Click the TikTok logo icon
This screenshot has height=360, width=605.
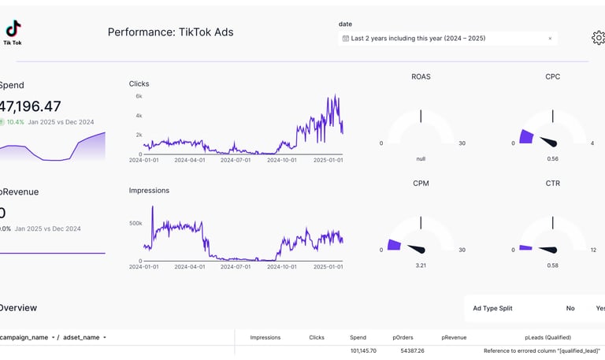pos(13,30)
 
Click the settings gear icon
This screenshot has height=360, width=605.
pos(598,38)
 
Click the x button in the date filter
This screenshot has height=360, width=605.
pos(550,39)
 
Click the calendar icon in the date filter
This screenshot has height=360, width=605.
pos(346,39)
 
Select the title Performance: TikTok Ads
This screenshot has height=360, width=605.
pos(170,32)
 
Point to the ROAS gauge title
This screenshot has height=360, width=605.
pos(421,77)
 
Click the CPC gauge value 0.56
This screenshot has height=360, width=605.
pos(552,158)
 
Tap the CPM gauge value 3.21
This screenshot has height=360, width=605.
pos(421,265)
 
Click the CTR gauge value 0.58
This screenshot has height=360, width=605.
pos(552,265)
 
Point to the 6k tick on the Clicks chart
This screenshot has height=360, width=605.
pos(139,96)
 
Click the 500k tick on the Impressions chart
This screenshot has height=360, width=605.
pos(135,223)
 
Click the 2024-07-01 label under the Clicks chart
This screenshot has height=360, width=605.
pos(235,160)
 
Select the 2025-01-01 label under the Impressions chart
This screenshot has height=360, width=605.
pos(328,267)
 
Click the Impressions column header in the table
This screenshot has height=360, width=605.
pos(265,337)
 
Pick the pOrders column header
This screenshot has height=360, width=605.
pos(403,337)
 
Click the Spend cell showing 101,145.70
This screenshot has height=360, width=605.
pos(363,351)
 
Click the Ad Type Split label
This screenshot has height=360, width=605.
pos(492,308)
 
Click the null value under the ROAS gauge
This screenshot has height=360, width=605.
pos(421,158)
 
